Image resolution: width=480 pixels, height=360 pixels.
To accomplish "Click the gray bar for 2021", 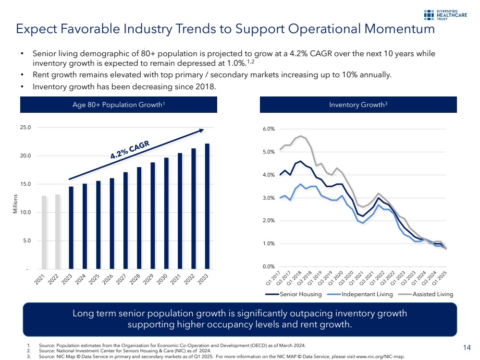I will (x=44, y=232).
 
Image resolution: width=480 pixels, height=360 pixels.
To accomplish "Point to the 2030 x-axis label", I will (x=164, y=278).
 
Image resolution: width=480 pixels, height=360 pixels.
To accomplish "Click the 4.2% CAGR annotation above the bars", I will (x=130, y=149).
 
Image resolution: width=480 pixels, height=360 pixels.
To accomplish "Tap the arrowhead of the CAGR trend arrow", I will (x=201, y=130).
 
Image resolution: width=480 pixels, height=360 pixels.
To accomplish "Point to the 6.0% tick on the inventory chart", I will (x=268, y=129).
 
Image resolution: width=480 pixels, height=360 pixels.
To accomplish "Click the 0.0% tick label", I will (x=268, y=266).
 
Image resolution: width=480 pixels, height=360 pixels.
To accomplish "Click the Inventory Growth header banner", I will (x=358, y=104).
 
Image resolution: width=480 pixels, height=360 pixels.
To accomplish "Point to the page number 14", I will (x=466, y=347).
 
